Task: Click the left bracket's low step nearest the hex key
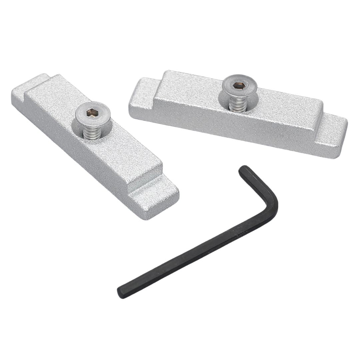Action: [157, 197]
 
